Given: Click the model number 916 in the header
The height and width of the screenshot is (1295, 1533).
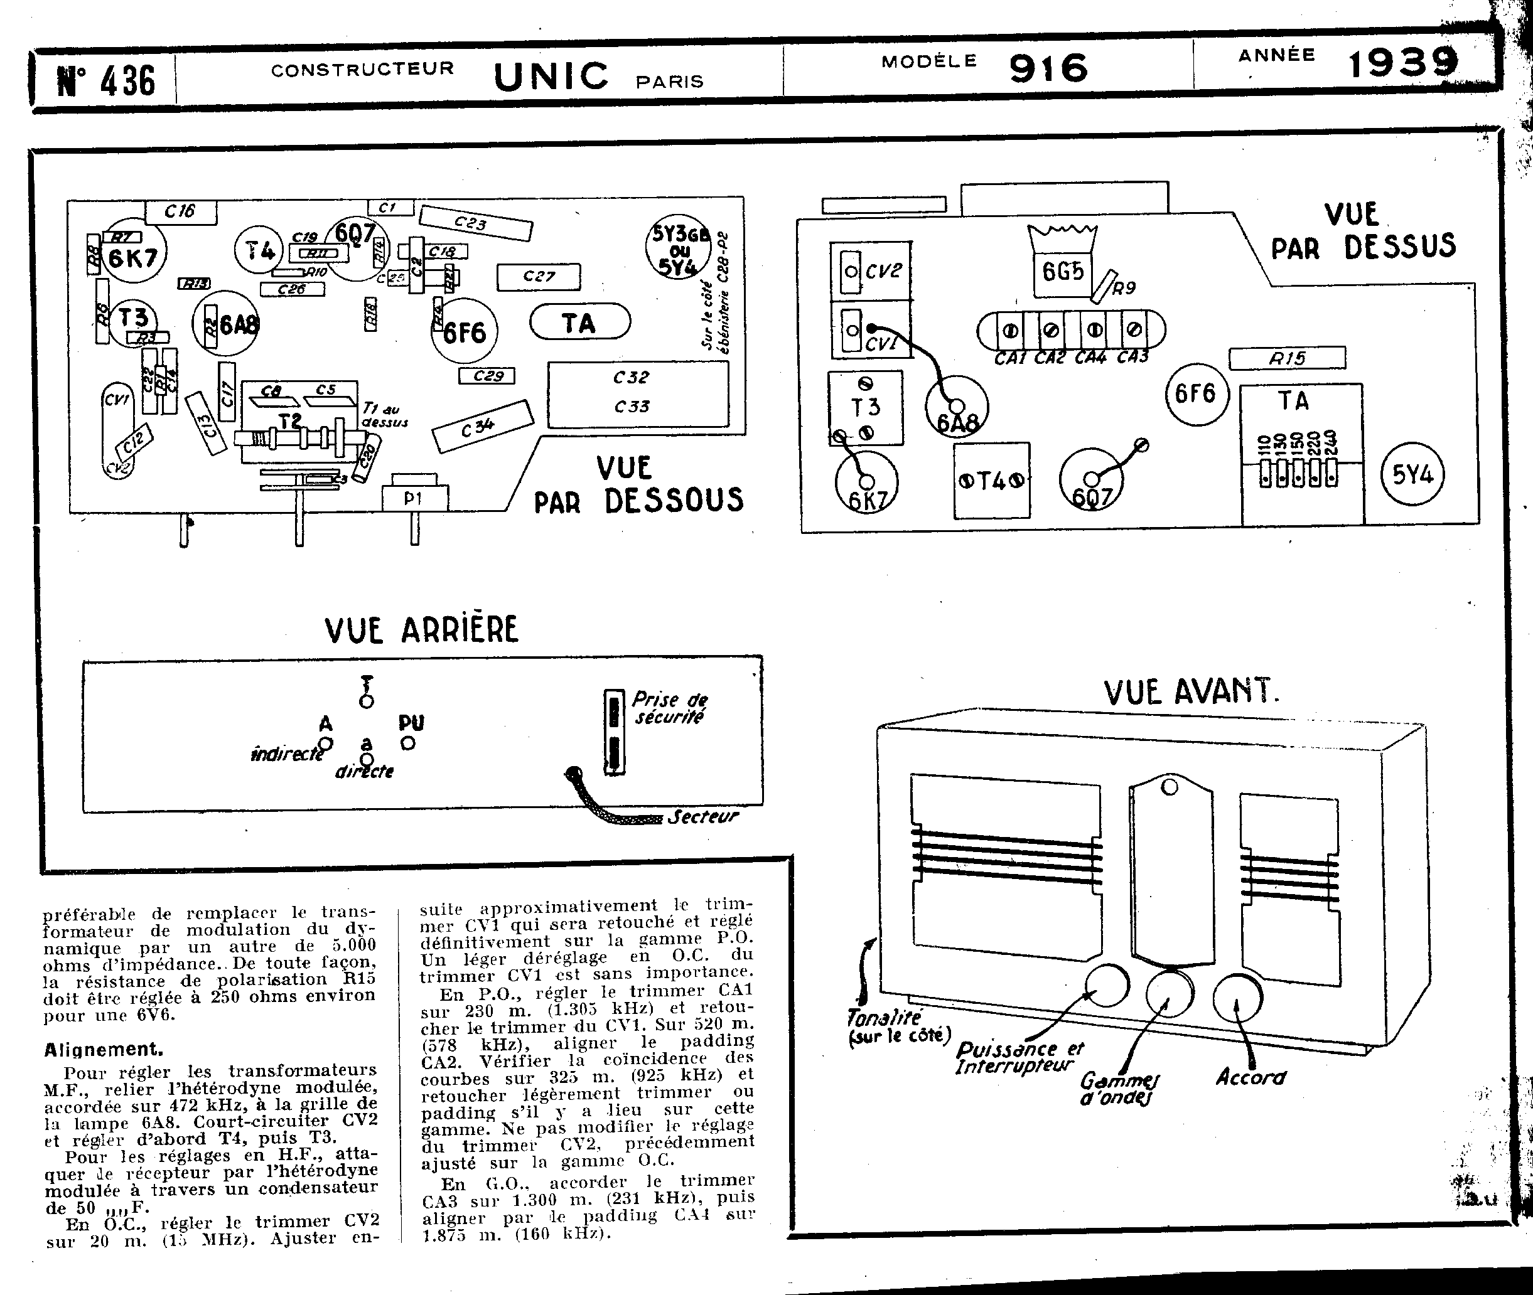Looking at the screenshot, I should point(1048,68).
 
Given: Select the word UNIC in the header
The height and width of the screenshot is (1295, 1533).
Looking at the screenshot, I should point(551,76).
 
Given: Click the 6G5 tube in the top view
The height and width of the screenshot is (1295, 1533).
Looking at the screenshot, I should point(1062,272).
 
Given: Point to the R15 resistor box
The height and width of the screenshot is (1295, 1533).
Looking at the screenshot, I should point(1287,358).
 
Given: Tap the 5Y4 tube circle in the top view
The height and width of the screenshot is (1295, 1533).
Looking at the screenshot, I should point(1412,474).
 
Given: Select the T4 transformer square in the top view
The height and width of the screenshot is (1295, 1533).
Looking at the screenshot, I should point(992,481).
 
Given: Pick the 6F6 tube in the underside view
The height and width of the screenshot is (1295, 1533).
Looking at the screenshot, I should point(465,332).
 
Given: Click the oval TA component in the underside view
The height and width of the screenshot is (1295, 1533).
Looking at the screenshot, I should point(579,323).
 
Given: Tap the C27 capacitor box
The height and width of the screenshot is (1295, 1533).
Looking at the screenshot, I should point(539,277).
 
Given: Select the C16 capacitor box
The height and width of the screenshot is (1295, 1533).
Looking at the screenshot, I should point(181,212).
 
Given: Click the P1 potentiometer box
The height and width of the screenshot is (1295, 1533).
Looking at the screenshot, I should point(414,499).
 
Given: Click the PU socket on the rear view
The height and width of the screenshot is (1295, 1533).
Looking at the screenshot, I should point(409,743).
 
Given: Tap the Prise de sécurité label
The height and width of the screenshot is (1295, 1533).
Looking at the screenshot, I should point(669,708).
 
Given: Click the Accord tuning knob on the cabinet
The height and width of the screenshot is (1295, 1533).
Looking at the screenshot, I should point(1238,998).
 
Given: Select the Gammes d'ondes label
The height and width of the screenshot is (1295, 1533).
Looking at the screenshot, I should point(1119,1089).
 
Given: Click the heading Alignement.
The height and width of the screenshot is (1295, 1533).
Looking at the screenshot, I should point(104,1049).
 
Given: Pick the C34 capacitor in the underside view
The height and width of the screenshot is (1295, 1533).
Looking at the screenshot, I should point(482,427).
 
